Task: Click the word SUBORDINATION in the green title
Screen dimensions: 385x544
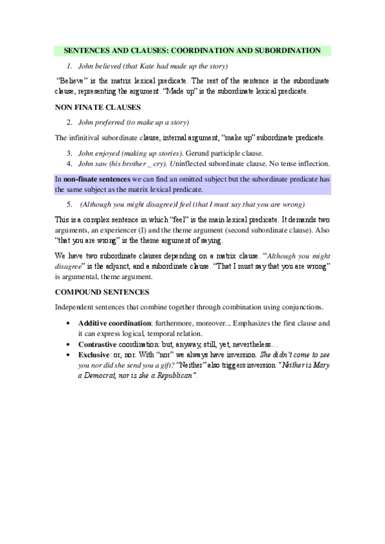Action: point(288,50)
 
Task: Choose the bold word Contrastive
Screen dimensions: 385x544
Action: point(99,343)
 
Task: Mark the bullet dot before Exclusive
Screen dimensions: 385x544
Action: point(69,354)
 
